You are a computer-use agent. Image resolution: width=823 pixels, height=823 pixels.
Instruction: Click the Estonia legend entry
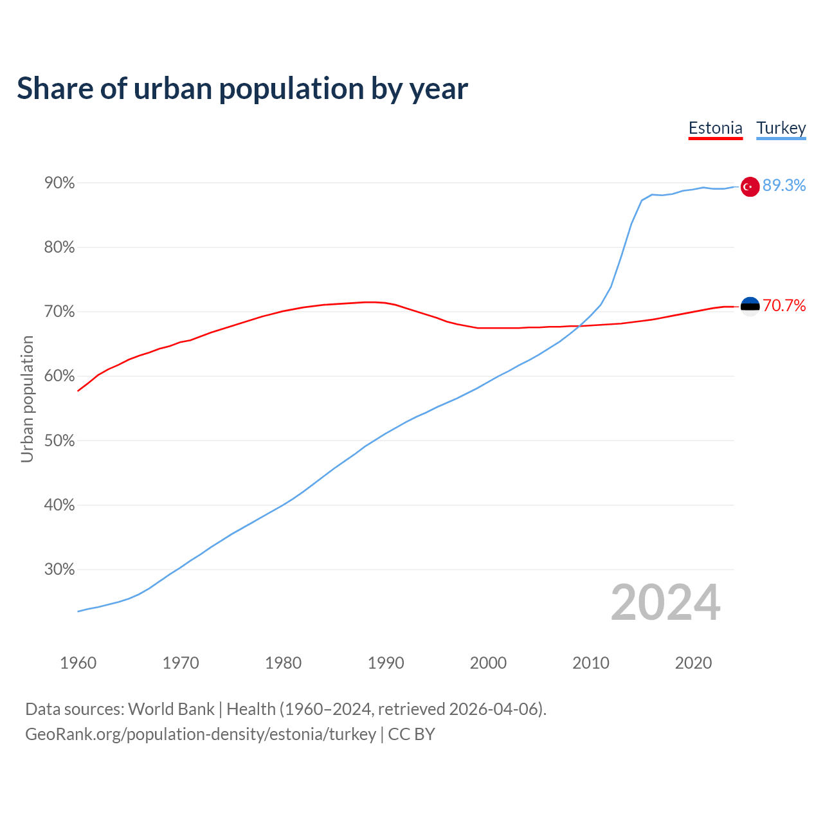pyautogui.click(x=715, y=128)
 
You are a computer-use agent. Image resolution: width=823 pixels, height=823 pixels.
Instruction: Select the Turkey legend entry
pyautogui.click(x=781, y=128)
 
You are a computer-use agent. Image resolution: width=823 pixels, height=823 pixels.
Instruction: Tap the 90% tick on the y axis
pyautogui.click(x=60, y=183)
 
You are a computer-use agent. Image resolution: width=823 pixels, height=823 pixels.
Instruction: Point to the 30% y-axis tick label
pyautogui.click(x=60, y=570)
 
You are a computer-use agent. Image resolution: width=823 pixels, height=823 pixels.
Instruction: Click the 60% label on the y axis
pyautogui.click(x=60, y=376)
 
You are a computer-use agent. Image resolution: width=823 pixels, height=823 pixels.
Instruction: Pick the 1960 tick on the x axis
pyautogui.click(x=78, y=663)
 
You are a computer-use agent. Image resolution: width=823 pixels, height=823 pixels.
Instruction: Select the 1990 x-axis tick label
pyautogui.click(x=386, y=663)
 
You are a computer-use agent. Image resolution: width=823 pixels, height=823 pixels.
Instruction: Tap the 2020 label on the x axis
pyautogui.click(x=693, y=663)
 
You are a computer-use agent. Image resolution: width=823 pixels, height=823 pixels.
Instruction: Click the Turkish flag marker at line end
pyautogui.click(x=750, y=186)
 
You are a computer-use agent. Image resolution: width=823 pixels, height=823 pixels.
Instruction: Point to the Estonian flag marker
pyautogui.click(x=750, y=307)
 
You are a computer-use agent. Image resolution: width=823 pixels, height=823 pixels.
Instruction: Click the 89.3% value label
pyautogui.click(x=784, y=186)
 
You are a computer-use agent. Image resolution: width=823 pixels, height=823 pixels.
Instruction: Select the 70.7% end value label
pyautogui.click(x=784, y=305)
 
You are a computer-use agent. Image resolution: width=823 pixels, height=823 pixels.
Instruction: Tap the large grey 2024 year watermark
pyautogui.click(x=665, y=602)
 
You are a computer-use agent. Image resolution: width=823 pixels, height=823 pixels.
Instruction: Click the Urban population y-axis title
pyautogui.click(x=27, y=399)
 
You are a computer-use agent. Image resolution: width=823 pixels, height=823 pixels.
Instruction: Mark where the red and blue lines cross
pyautogui.click(x=579, y=327)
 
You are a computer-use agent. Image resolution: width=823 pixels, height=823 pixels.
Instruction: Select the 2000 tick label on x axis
pyautogui.click(x=488, y=663)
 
